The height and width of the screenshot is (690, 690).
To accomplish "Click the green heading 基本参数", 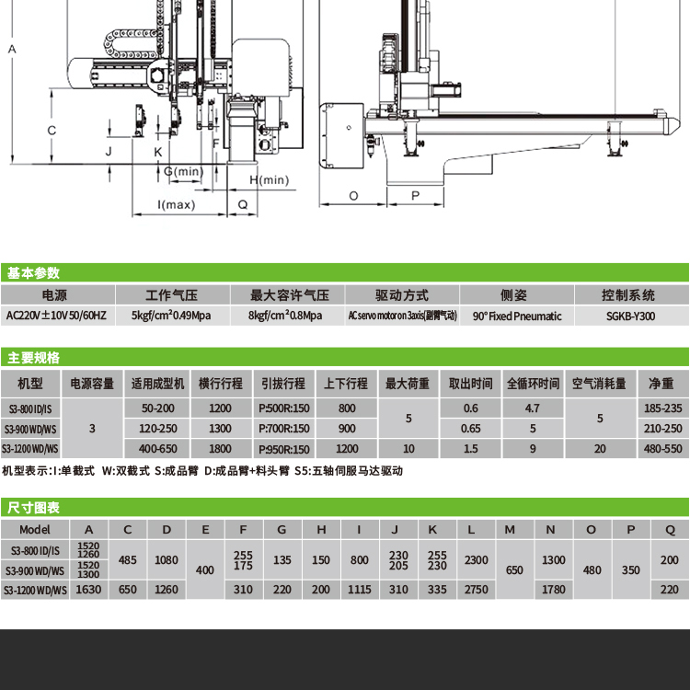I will [x=33, y=273].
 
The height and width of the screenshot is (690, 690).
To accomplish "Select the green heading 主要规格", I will [x=33, y=358].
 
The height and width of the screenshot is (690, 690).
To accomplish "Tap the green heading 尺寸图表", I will [x=33, y=508].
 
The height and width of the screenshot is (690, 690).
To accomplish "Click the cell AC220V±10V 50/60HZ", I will [x=55, y=316].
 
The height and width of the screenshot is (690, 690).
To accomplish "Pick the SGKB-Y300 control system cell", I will [x=631, y=316].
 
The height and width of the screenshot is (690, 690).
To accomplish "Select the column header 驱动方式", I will [x=402, y=295].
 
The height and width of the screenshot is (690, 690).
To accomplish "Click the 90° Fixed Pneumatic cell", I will [x=516, y=316].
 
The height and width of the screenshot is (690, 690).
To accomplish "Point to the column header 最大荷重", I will [x=408, y=383].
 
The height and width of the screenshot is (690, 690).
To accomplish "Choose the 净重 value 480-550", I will [x=661, y=449].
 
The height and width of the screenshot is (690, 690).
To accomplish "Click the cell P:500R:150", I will [x=284, y=408].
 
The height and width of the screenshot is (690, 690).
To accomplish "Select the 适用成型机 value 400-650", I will [x=158, y=449].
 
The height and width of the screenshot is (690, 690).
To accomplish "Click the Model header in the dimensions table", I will [x=34, y=530].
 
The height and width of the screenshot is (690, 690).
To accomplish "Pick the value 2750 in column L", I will [x=477, y=590].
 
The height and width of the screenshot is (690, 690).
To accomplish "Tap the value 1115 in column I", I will [x=360, y=590].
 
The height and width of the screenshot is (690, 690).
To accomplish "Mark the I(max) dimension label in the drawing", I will [x=177, y=204].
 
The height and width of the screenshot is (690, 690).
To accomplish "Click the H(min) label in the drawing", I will [x=269, y=179].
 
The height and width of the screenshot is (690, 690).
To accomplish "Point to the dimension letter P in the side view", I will [x=415, y=196].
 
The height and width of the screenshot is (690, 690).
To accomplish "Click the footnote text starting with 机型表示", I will [x=202, y=470].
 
